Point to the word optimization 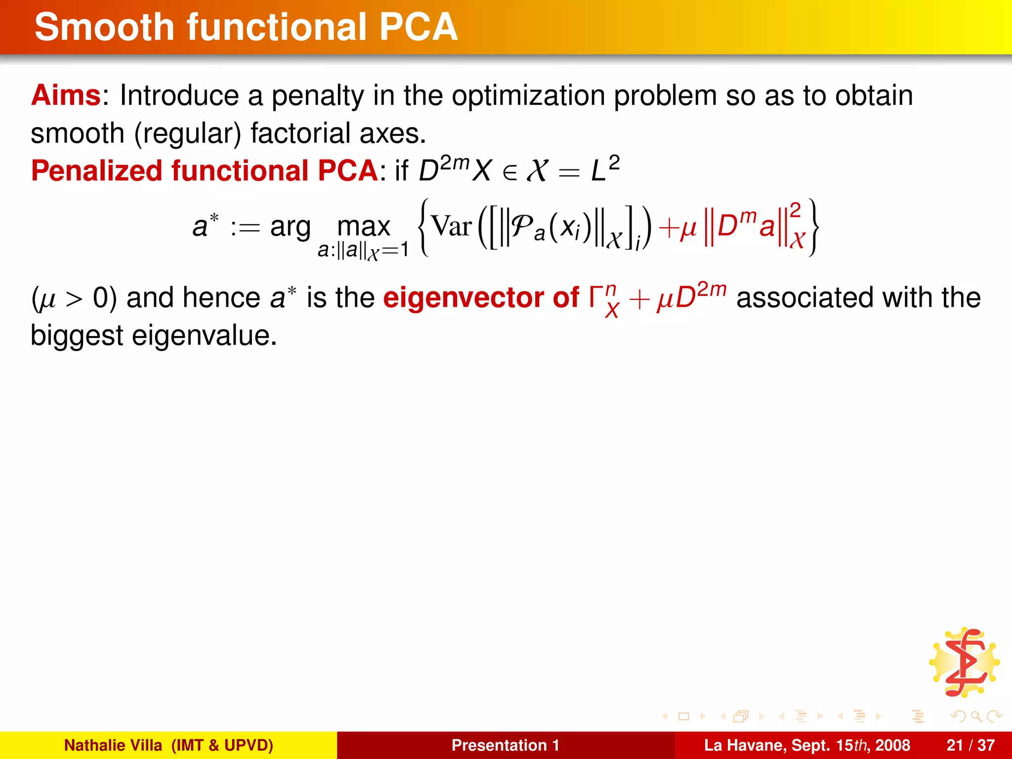click(528, 96)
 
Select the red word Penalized click(96, 171)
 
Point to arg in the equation click(291, 227)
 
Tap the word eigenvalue click(204, 336)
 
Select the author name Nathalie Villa click(113, 745)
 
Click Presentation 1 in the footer click(505, 745)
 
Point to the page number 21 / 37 click(970, 745)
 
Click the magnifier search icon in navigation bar click(976, 716)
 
